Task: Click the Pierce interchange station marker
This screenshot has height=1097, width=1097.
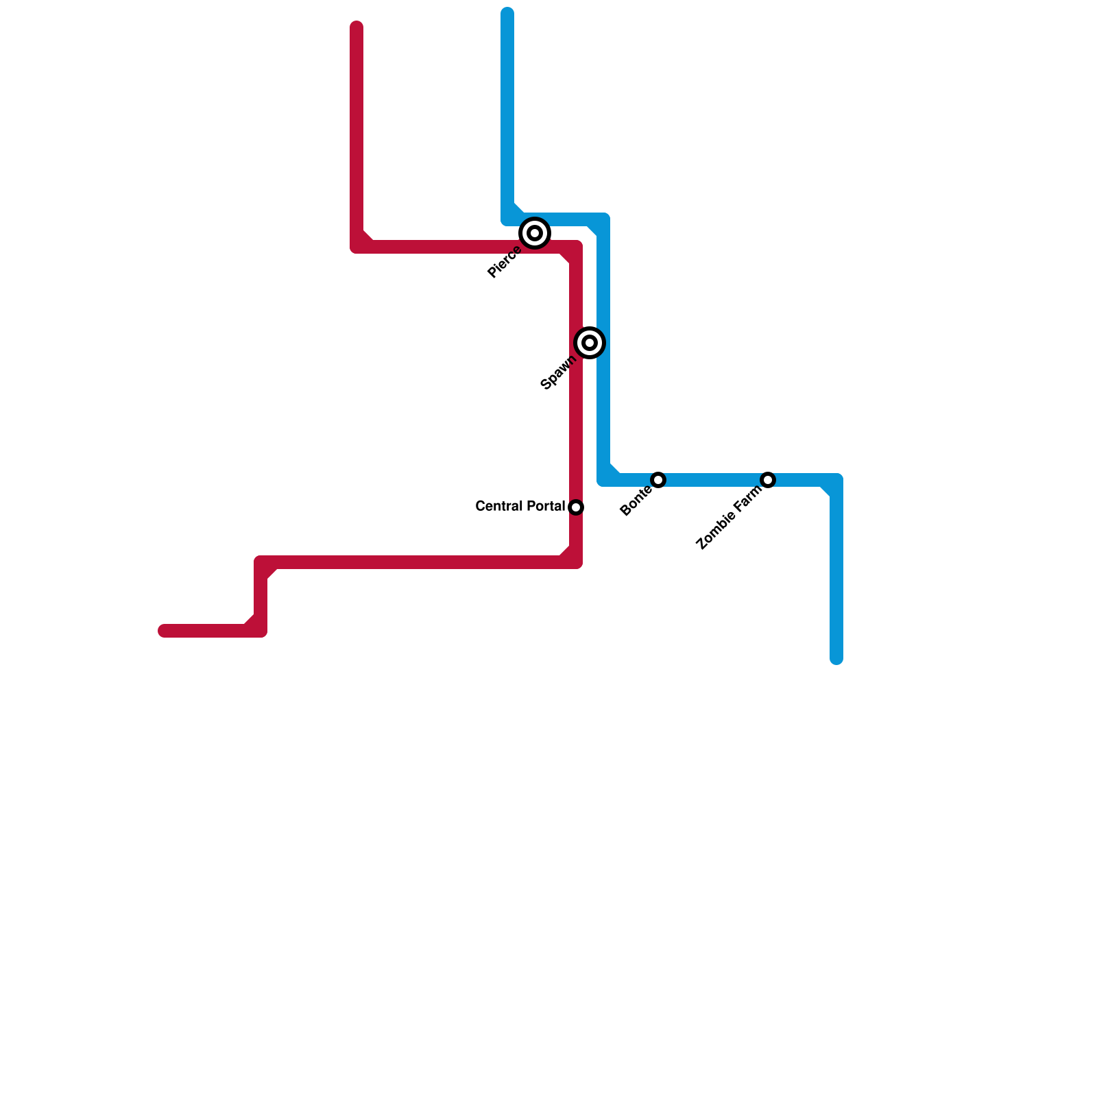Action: (x=535, y=233)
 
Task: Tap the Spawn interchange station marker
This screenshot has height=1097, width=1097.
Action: (x=590, y=342)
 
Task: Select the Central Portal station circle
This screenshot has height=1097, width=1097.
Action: (x=576, y=507)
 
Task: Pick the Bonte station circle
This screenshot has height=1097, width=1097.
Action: (x=658, y=480)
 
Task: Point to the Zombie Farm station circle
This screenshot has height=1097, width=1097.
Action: (x=768, y=480)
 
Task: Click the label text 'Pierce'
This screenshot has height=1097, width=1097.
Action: (x=504, y=263)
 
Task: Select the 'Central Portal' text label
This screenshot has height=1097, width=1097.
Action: (x=520, y=507)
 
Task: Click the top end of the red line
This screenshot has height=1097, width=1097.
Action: (x=357, y=27)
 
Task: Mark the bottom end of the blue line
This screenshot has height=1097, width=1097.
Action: (x=836, y=660)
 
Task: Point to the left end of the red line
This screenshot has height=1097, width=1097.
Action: (x=164, y=631)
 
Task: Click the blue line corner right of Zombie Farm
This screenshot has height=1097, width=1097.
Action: (x=836, y=480)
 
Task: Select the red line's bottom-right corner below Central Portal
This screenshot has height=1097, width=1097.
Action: (x=576, y=562)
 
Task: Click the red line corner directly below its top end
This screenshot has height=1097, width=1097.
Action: (x=357, y=246)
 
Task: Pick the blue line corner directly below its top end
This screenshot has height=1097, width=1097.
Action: (x=507, y=219)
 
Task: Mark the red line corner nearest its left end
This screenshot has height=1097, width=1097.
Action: (x=261, y=631)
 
